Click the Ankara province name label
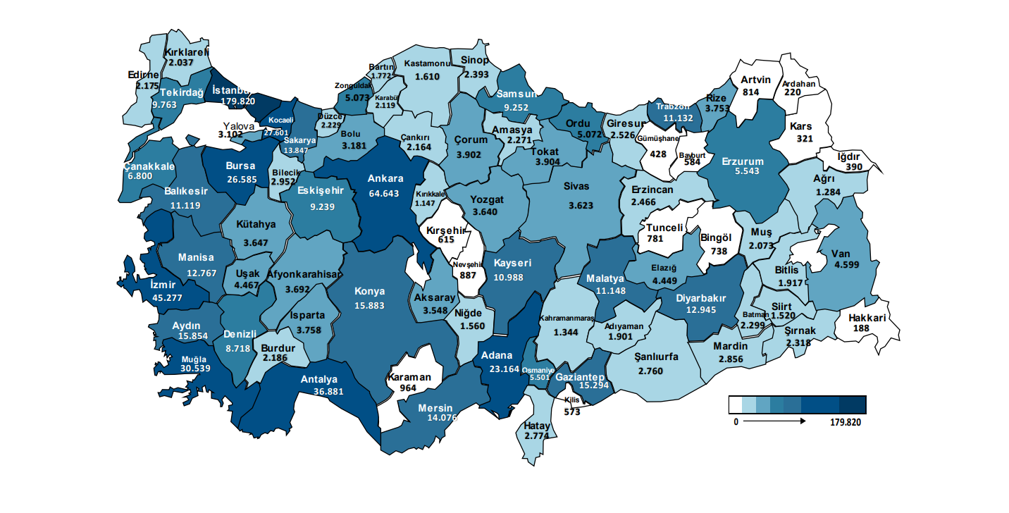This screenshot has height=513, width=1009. coord(385,178)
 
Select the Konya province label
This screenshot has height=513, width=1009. coord(370,291)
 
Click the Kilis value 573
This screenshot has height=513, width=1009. coord(571,412)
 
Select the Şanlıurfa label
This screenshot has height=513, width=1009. coord(656,357)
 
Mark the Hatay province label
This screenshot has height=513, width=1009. coord(537,426)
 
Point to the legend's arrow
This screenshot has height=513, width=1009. coord(774,421)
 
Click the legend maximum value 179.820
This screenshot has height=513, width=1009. coord(846,422)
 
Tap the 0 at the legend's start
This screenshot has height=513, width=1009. coord(735,422)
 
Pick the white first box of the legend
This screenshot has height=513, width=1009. coord(736,404)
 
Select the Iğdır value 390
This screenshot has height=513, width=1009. coord(854,167)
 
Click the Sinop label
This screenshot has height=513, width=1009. coord(475,61)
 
